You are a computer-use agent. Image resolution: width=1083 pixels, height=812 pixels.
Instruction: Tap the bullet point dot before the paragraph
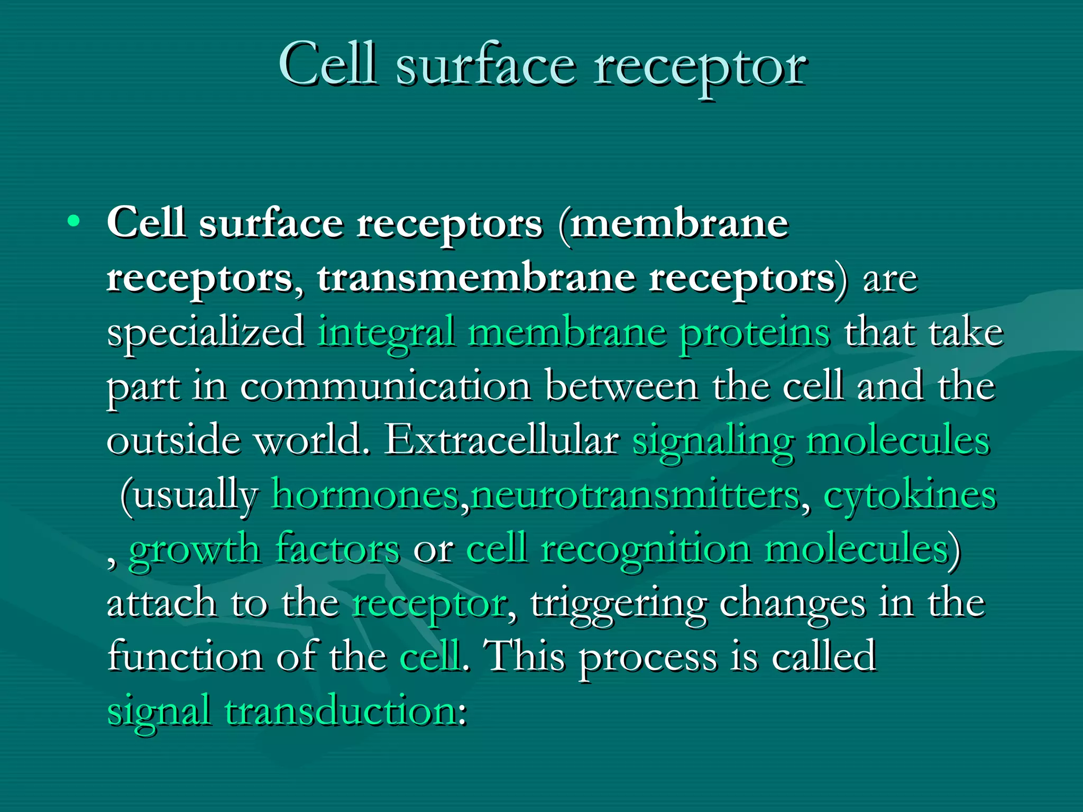[x=74, y=222]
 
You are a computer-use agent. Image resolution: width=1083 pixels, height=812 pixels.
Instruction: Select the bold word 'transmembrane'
[x=476, y=278]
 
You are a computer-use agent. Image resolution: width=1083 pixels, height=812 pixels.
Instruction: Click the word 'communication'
[x=386, y=387]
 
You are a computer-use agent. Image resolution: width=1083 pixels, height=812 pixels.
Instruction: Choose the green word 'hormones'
[x=365, y=495]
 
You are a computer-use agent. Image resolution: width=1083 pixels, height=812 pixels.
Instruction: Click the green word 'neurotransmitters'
[x=635, y=495]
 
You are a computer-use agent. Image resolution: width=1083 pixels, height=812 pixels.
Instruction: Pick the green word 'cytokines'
[x=910, y=496]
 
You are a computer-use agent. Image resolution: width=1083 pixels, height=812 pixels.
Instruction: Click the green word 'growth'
[x=194, y=550]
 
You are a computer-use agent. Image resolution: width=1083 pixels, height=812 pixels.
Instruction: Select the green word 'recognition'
[x=646, y=550]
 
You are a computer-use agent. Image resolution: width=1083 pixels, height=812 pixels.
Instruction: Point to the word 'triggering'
[x=619, y=604]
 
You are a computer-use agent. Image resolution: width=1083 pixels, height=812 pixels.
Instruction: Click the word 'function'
[x=185, y=657]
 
